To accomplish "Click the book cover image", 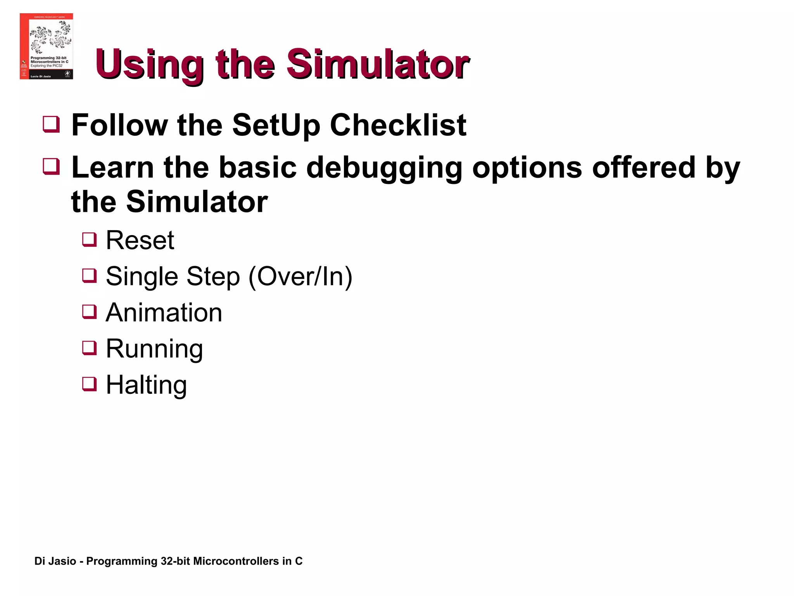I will [x=46, y=46].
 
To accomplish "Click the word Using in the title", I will [x=149, y=64].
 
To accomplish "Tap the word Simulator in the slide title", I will [x=378, y=64].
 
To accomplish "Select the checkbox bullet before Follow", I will [x=51, y=125].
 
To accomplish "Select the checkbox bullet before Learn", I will [x=51, y=167].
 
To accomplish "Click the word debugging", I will [x=384, y=168].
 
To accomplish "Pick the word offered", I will [x=644, y=168].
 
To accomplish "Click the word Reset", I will [x=140, y=240].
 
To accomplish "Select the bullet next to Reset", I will [x=89, y=239].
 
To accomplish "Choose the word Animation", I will [x=164, y=312].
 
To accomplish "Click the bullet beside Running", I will [x=89, y=348].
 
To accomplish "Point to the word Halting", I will [x=146, y=385].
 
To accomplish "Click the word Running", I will [x=154, y=348].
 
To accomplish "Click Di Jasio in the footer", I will [x=55, y=561].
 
